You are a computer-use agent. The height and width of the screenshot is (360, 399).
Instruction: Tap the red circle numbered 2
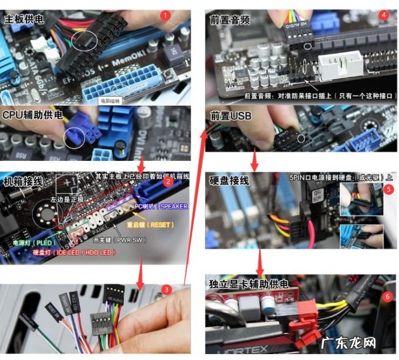pyautogui.click(x=168, y=181)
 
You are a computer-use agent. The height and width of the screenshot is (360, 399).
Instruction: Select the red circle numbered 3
pyautogui.click(x=167, y=289)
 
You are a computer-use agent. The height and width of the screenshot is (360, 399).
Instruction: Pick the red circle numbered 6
pyautogui.click(x=387, y=297)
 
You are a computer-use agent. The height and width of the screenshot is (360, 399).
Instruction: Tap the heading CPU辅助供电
pyautogui.click(x=33, y=115)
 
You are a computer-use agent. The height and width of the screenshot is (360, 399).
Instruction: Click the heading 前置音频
pyautogui.click(x=230, y=19)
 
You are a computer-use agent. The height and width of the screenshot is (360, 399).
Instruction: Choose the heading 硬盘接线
pyautogui.click(x=229, y=180)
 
